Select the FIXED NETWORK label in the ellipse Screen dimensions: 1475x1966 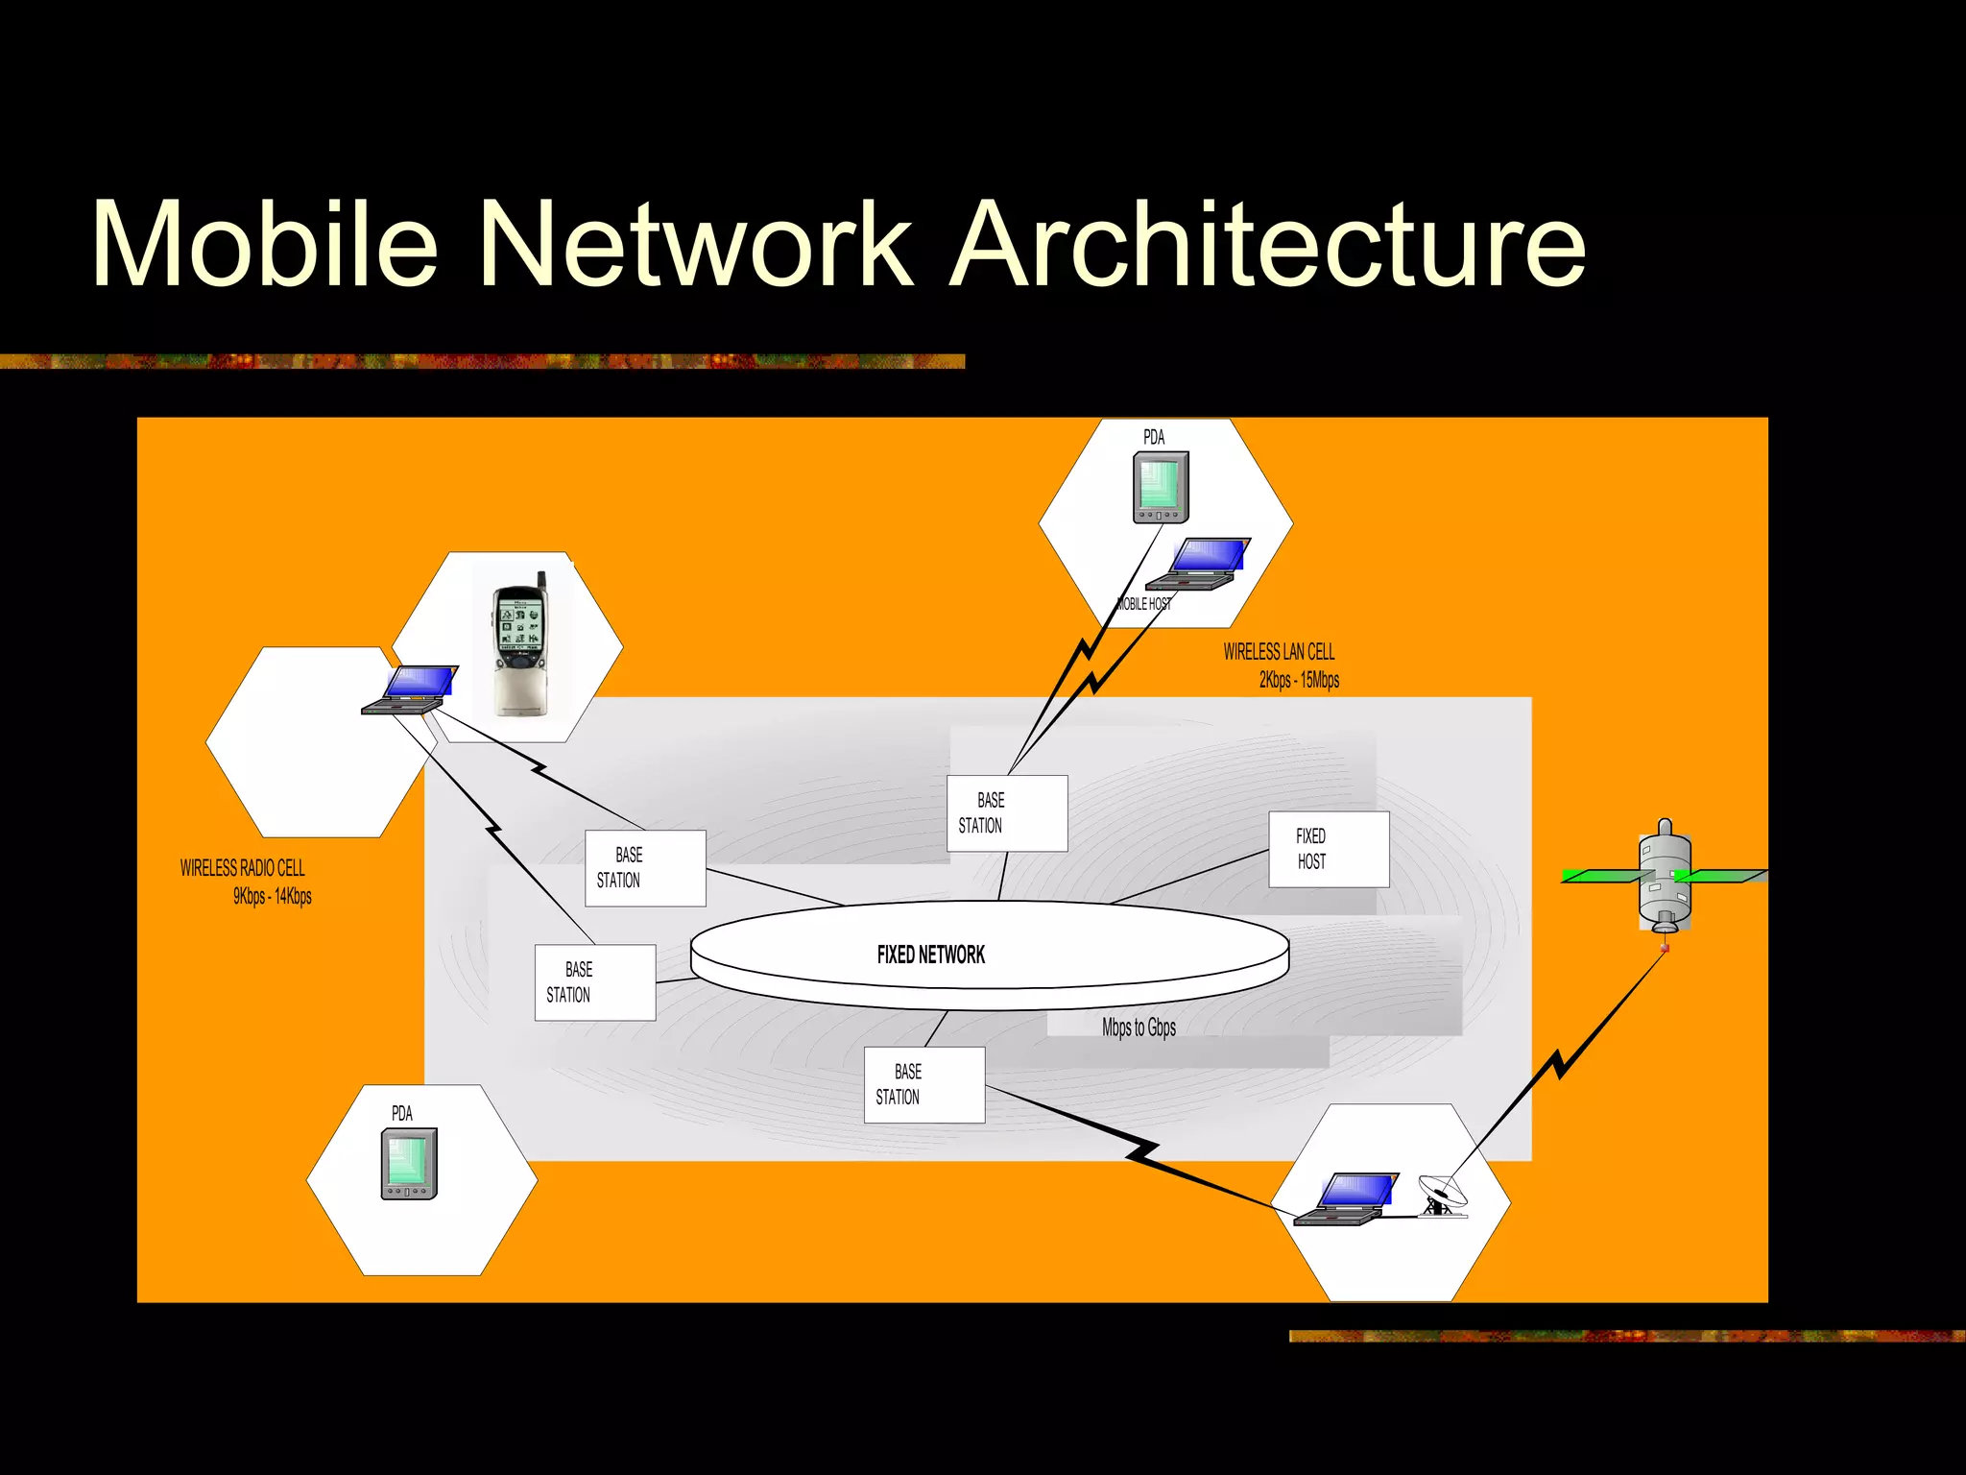click(930, 955)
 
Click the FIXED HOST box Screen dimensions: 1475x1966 click(1328, 849)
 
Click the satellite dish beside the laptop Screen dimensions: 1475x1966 click(1442, 1195)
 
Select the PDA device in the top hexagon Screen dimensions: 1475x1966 click(1161, 488)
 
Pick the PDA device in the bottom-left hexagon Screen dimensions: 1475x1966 click(409, 1164)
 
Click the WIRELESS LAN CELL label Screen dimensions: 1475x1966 click(1279, 652)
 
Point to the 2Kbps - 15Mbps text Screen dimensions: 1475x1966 click(1299, 681)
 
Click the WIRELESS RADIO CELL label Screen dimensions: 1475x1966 click(243, 868)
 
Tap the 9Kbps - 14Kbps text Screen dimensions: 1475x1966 click(273, 897)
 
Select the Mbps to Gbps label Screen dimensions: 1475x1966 click(1139, 1028)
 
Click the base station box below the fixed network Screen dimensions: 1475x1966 click(923, 1084)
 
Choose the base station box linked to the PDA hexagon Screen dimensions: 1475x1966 click(1006, 812)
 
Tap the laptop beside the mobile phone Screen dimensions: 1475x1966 click(411, 689)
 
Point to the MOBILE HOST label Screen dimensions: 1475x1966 click(1143, 604)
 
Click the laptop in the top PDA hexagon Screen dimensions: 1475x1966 click(1199, 564)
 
